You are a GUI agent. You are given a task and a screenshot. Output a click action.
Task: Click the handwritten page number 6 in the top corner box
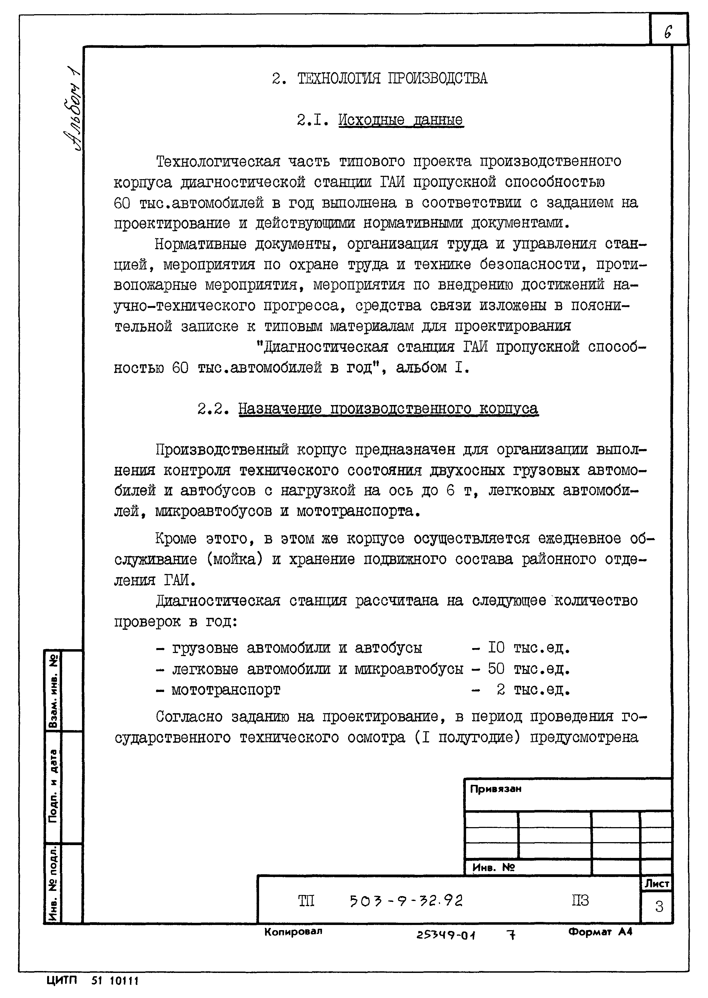click(x=668, y=31)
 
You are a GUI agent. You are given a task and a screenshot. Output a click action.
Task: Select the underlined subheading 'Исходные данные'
click(x=401, y=120)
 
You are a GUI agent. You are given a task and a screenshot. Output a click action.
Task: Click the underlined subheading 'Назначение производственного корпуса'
click(x=388, y=409)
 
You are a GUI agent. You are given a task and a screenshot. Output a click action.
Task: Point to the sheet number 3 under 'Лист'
click(x=659, y=907)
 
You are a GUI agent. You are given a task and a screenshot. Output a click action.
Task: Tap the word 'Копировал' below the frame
click(x=293, y=931)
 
